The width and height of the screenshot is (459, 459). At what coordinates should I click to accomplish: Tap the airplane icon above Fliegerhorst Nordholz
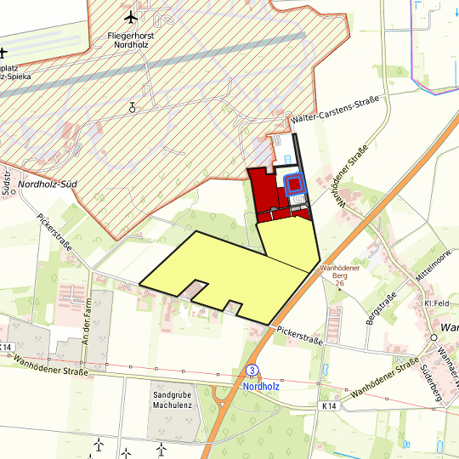pyautogui.click(x=130, y=17)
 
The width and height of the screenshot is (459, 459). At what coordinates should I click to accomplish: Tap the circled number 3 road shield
pyautogui.click(x=252, y=371)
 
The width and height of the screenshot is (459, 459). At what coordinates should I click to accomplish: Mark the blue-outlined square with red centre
pyautogui.click(x=294, y=184)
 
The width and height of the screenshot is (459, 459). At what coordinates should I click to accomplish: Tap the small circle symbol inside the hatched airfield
pyautogui.click(x=132, y=107)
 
